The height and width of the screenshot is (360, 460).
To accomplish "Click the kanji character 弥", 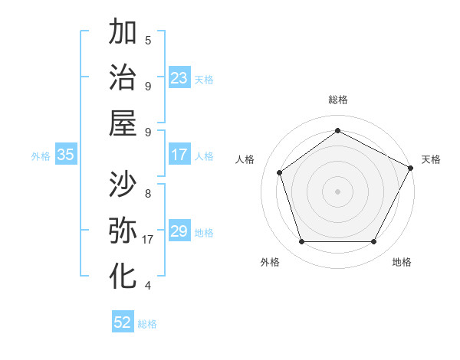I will click(x=123, y=230).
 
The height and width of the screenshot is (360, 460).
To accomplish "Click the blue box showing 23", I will click(x=179, y=78).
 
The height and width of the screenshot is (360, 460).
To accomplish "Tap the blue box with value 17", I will click(x=179, y=155).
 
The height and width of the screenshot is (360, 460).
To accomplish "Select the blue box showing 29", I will click(x=179, y=231).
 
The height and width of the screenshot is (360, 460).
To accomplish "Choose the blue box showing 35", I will click(x=66, y=155).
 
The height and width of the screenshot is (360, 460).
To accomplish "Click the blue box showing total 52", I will click(x=123, y=322).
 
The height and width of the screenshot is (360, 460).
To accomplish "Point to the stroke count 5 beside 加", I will click(x=148, y=40).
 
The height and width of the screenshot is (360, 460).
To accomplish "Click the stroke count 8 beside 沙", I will click(x=148, y=193).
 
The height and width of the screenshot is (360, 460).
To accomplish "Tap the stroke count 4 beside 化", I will click(x=148, y=286).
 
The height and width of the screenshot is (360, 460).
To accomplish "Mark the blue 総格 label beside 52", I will click(x=147, y=324).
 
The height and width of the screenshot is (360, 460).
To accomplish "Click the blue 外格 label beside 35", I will click(x=41, y=156).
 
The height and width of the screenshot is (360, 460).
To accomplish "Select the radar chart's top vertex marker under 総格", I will click(x=337, y=130).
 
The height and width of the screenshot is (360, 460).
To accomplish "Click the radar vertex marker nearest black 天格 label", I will click(x=412, y=168).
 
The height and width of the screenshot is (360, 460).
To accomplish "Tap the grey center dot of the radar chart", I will click(x=337, y=191).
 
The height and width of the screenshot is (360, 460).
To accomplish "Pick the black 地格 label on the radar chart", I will click(x=402, y=262).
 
